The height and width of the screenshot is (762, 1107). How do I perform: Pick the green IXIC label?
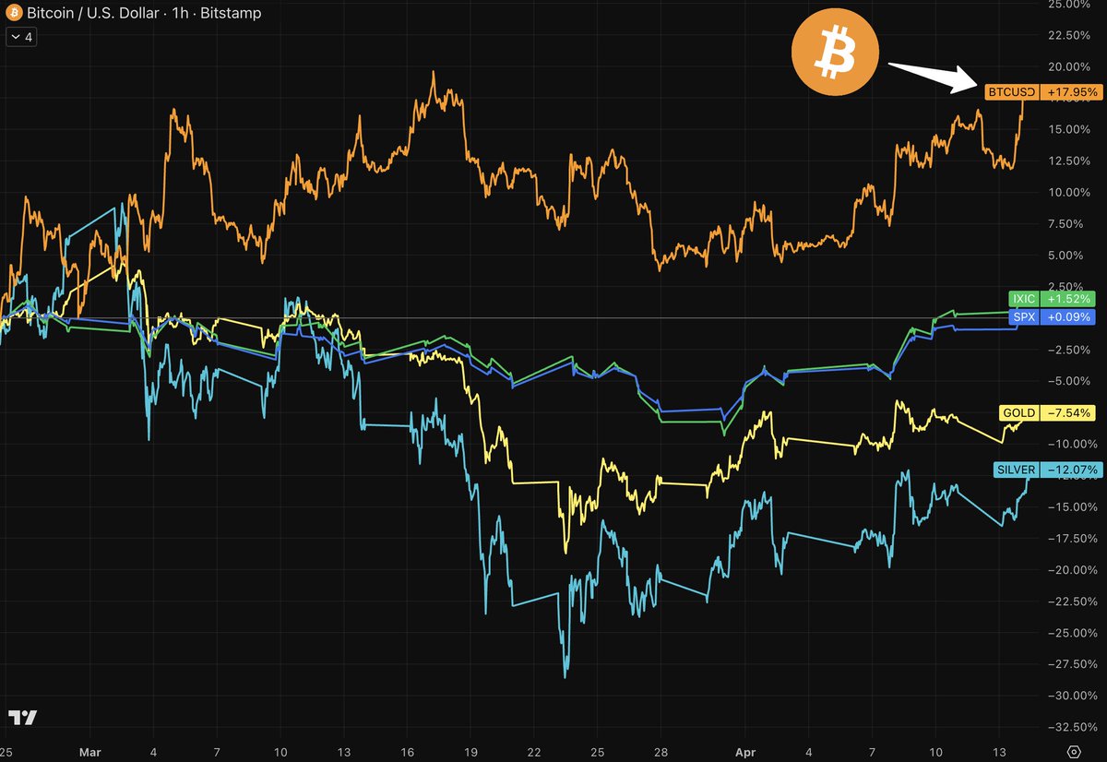click(1024, 299)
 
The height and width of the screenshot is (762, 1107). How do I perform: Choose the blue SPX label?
click(1024, 317)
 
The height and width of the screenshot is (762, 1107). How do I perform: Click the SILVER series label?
click(1016, 470)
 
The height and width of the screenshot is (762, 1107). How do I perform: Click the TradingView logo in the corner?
click(23, 718)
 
